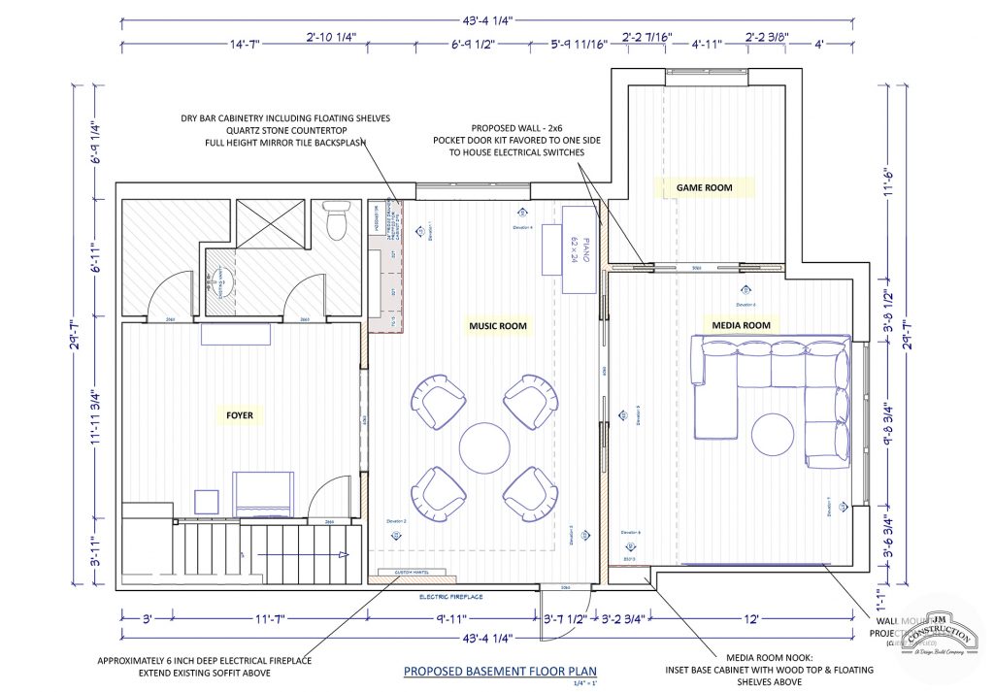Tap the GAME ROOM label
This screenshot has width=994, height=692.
[705, 187]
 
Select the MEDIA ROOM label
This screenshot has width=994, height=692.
[741, 325]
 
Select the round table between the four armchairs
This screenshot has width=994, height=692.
[484, 447]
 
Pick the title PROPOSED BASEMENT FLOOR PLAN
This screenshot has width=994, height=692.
[500, 671]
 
